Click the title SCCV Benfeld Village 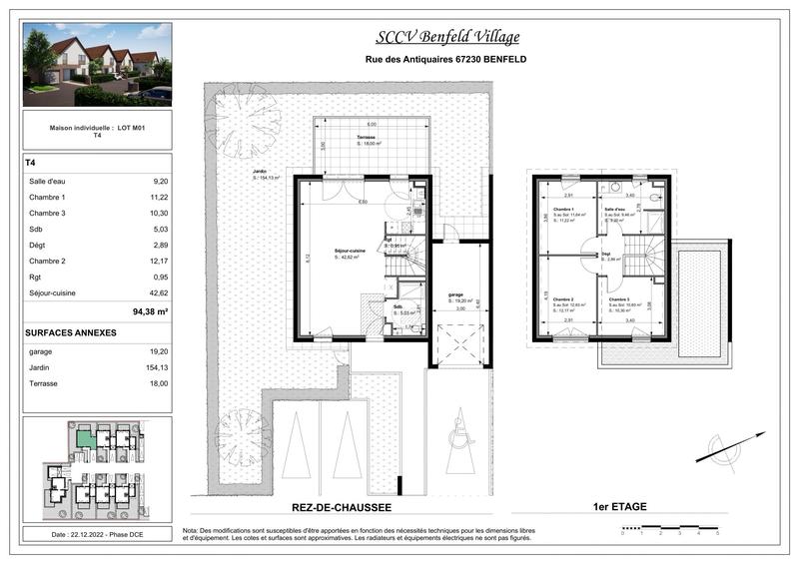point(446,38)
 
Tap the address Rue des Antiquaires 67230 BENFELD point(446,60)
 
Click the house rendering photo point(97,65)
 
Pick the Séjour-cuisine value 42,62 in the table point(159,292)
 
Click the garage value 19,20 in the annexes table point(159,350)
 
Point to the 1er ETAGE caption point(619,507)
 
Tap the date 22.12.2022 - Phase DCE point(96,535)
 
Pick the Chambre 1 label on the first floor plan point(563,209)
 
